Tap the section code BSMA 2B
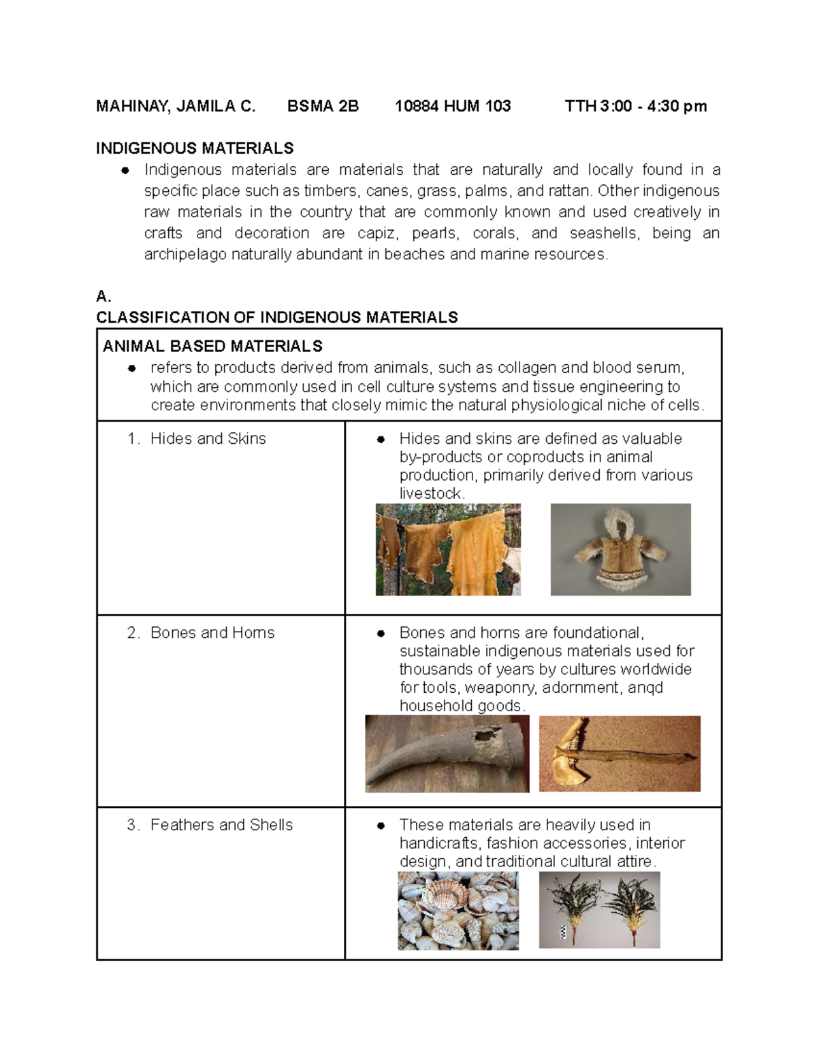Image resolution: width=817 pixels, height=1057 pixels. (x=323, y=106)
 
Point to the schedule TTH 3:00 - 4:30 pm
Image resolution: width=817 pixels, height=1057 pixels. (x=636, y=106)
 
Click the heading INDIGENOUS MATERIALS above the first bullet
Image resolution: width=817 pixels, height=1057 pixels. (x=195, y=148)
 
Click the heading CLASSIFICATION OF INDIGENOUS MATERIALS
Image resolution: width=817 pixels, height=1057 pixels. (x=276, y=317)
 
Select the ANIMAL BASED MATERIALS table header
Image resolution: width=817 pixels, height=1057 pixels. (x=212, y=346)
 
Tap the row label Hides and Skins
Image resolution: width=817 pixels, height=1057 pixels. (x=208, y=439)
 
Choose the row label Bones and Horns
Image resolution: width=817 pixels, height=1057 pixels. (x=212, y=633)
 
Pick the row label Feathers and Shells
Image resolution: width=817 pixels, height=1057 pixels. (x=221, y=825)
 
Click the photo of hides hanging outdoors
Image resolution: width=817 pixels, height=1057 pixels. (x=448, y=550)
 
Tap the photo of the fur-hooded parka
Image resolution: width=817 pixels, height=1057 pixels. (x=620, y=550)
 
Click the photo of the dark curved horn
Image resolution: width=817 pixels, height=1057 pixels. (x=447, y=753)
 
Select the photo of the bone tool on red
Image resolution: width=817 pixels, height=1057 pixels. (x=620, y=753)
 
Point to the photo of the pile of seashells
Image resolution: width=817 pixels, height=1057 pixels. (x=458, y=911)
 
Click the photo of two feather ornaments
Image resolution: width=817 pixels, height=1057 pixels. (x=599, y=910)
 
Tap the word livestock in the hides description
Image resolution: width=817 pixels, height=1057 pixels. (x=431, y=494)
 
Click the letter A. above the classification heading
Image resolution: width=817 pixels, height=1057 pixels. (x=103, y=297)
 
